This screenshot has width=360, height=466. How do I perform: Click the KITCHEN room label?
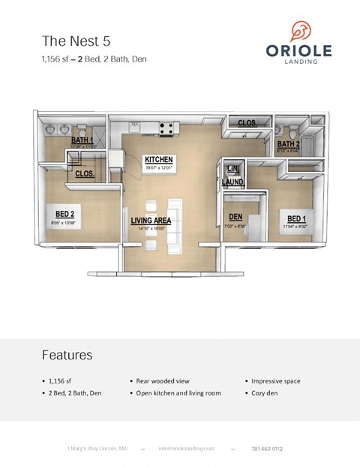coord(159,160)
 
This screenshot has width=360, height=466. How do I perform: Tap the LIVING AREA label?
coord(151,221)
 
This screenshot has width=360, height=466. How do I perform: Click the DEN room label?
coord(235,217)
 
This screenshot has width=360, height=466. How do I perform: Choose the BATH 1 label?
coord(82,140)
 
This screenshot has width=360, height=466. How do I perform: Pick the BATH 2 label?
coord(289,144)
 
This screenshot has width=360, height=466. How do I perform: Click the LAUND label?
coord(232,181)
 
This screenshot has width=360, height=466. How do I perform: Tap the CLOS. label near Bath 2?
coord(247,122)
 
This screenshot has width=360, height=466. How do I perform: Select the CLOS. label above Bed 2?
coord(85,173)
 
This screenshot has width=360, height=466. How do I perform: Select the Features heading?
coord(67,354)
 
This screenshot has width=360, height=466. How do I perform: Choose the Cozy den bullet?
coord(264,393)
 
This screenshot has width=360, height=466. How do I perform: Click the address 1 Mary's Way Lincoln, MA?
coord(97,448)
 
